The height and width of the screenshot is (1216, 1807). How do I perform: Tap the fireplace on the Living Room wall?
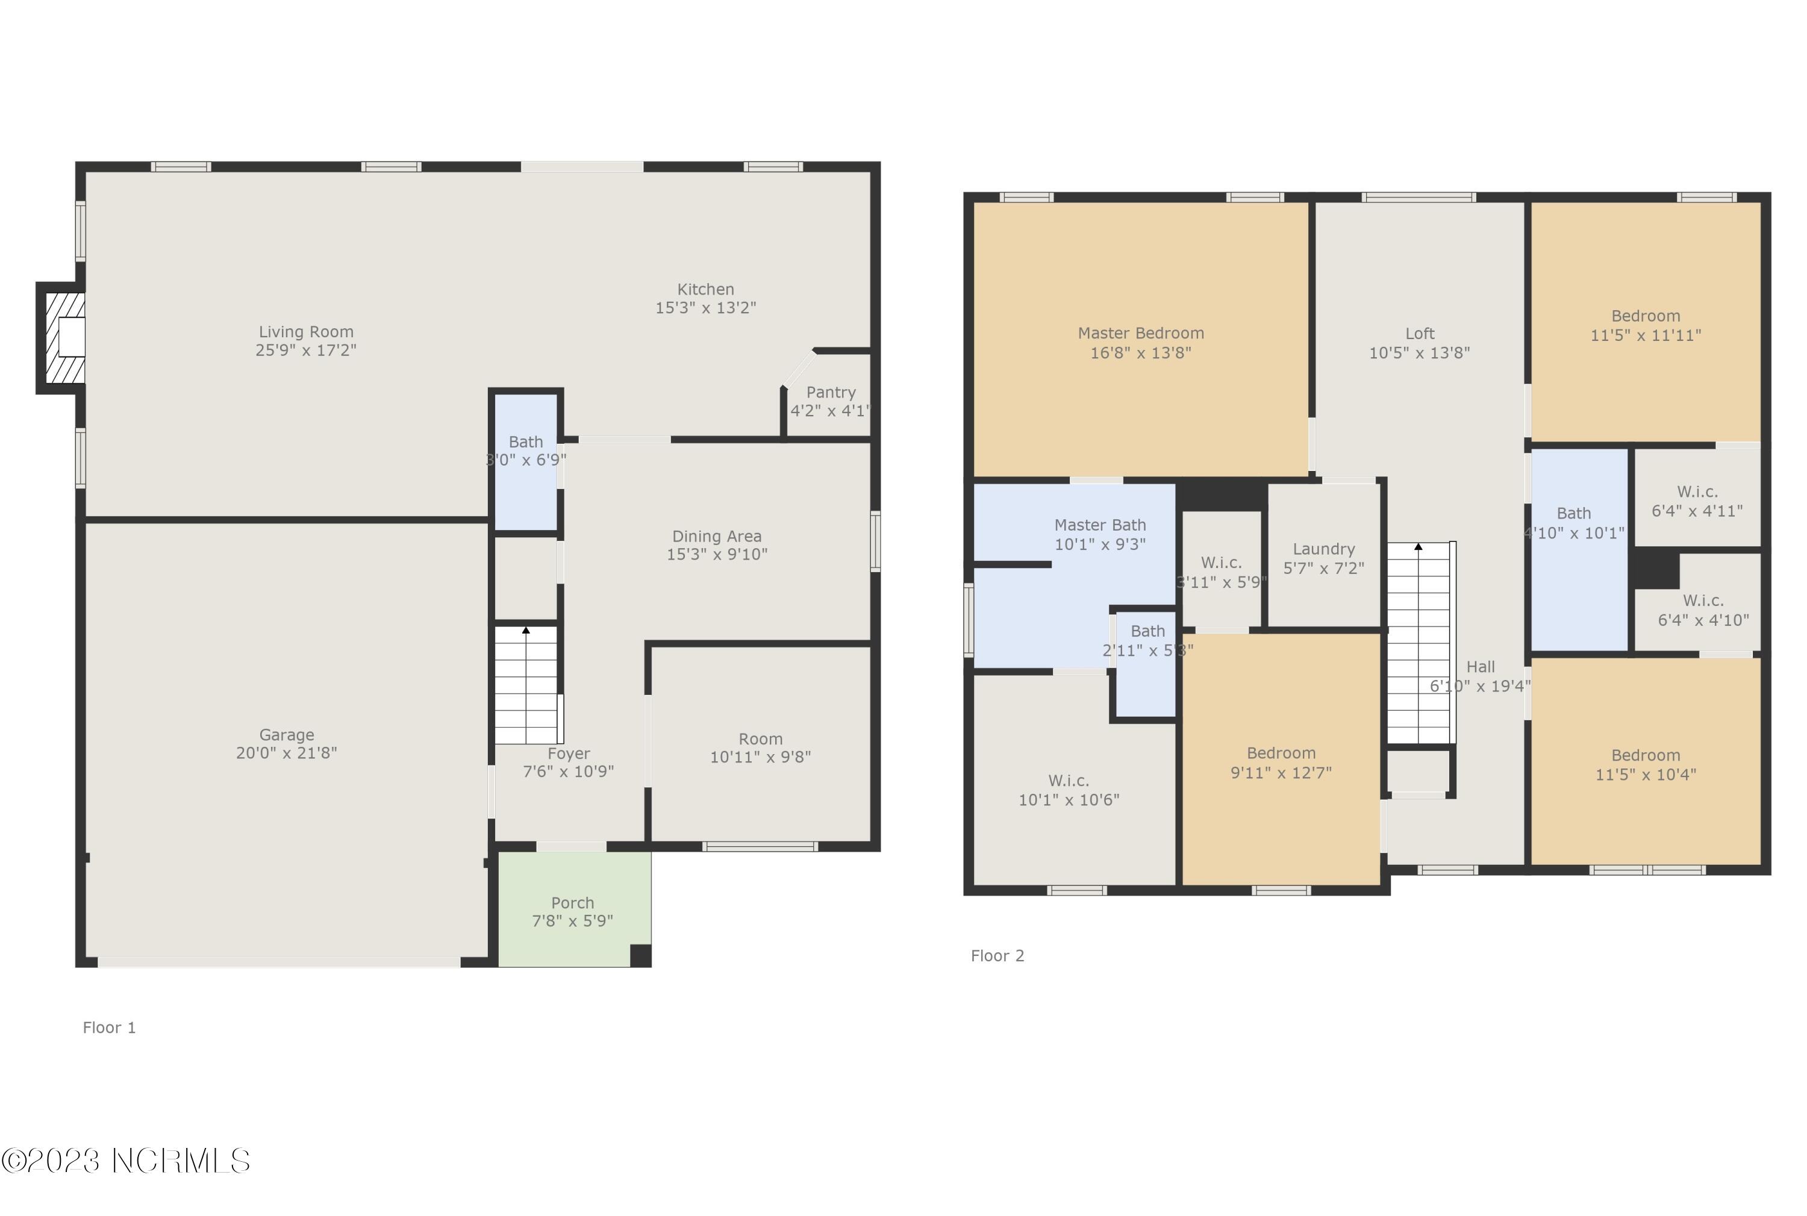[x=61, y=338]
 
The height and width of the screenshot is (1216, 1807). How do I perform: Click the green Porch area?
[x=574, y=909]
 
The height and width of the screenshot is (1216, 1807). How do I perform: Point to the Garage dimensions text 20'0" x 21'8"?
[x=286, y=753]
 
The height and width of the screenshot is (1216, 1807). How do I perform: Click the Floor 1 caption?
[x=110, y=1027]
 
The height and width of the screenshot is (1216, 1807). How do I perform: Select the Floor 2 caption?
[x=997, y=956]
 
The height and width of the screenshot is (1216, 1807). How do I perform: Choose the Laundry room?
[x=1324, y=555]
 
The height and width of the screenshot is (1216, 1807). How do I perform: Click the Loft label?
[x=1420, y=334]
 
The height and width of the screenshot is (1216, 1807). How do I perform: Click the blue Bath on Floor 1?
[x=526, y=462]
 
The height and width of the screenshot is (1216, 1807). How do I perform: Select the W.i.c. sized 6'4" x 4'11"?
[x=1697, y=497]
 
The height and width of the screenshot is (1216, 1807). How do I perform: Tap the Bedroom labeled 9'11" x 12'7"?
[x=1281, y=760]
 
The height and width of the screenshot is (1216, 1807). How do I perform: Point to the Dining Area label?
[x=717, y=537]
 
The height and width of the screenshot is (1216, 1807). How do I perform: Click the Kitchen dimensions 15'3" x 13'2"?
[x=706, y=308]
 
